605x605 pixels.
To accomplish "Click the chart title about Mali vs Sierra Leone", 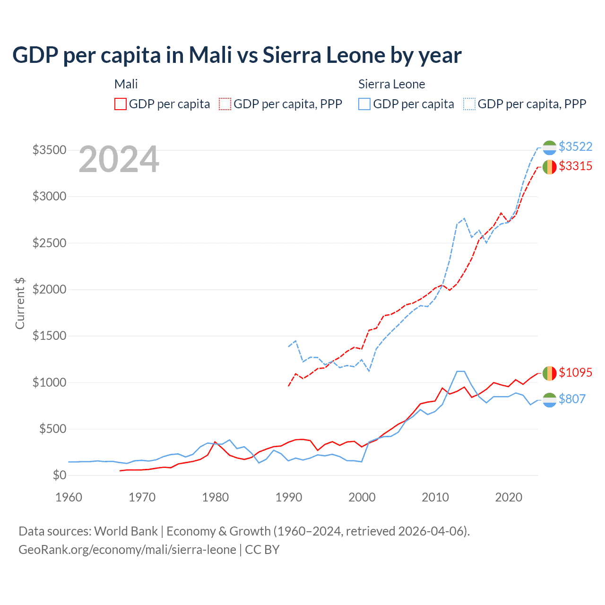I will click(237, 55).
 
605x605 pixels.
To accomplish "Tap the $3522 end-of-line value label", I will click(575, 147).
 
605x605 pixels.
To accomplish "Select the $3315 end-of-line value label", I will click(575, 166).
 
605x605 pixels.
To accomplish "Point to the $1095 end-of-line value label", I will click(575, 372).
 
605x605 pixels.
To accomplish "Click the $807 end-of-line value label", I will click(572, 399).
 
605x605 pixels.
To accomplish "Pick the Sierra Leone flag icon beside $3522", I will click(549, 147).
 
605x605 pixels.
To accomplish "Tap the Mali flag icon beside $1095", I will click(549, 373).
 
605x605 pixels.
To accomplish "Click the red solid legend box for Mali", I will click(121, 104).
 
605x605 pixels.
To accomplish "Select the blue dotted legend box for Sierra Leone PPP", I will click(469, 104).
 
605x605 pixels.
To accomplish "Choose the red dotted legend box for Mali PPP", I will click(225, 104).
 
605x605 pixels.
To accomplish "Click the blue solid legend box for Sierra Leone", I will click(364, 104).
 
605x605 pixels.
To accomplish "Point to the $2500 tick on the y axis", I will click(49, 243).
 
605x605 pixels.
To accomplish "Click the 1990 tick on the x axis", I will click(289, 497).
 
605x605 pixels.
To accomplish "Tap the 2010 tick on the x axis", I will click(435, 497).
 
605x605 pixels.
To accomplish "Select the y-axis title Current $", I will click(20, 303).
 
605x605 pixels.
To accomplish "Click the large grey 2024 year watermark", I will click(119, 159).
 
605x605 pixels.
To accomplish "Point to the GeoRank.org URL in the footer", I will click(127, 550).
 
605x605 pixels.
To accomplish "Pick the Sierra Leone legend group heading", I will click(391, 84).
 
